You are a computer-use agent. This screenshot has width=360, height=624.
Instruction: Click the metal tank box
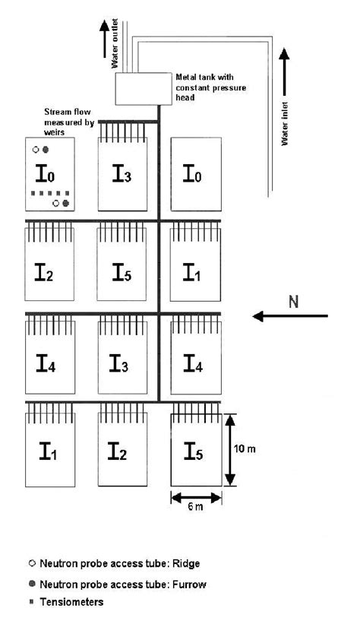pyautogui.click(x=144, y=88)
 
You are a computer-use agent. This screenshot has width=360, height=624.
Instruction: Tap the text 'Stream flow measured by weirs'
pyautogui.click(x=68, y=122)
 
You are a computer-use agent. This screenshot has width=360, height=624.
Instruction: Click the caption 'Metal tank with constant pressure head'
pyautogui.click(x=205, y=87)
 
